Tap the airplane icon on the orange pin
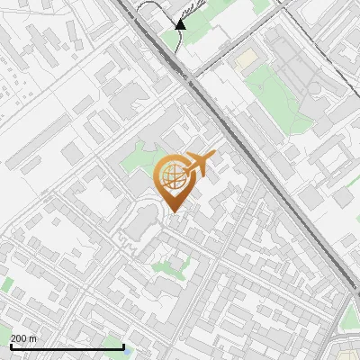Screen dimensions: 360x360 pyautogui.click(x=200, y=164)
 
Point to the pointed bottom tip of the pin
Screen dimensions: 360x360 pyautogui.click(x=175, y=211)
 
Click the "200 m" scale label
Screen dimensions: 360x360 pyautogui.click(x=24, y=338)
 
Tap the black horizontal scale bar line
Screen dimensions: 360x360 pyautogui.click(x=67, y=346)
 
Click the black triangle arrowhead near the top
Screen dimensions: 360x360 pyautogui.click(x=180, y=24)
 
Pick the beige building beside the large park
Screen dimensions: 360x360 pyautogui.click(x=245, y=58)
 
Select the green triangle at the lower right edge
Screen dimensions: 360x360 pyautogui.click(x=351, y=315)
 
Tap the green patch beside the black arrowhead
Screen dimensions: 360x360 pyautogui.click(x=171, y=40)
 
